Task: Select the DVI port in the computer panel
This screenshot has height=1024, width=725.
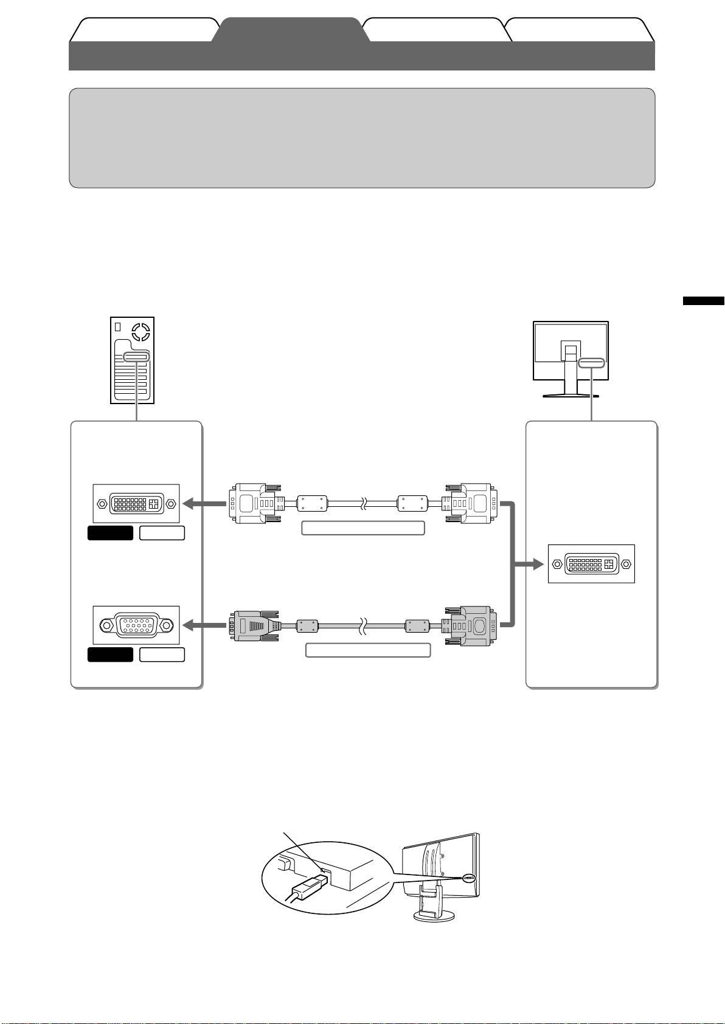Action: pyautogui.click(x=136, y=503)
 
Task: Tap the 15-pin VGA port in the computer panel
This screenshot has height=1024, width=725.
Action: pyautogui.click(x=136, y=625)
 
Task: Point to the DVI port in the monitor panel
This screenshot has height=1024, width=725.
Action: pyautogui.click(x=591, y=564)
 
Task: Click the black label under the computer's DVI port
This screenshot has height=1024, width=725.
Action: pyautogui.click(x=110, y=534)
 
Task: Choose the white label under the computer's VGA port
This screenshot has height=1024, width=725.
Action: pyautogui.click(x=162, y=655)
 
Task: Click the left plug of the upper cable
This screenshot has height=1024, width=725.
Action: pyautogui.click(x=254, y=503)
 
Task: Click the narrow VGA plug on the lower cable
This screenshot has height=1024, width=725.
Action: pyautogui.click(x=254, y=625)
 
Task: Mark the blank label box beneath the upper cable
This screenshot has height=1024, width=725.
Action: pyautogui.click(x=362, y=528)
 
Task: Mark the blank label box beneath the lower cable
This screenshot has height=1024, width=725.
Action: pyautogui.click(x=367, y=650)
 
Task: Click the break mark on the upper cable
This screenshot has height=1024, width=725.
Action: pyautogui.click(x=363, y=503)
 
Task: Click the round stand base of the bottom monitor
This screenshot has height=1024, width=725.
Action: pyautogui.click(x=435, y=916)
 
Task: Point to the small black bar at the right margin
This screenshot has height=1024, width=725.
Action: pyautogui.click(x=703, y=301)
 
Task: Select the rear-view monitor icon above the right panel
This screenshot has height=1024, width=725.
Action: pyautogui.click(x=571, y=359)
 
